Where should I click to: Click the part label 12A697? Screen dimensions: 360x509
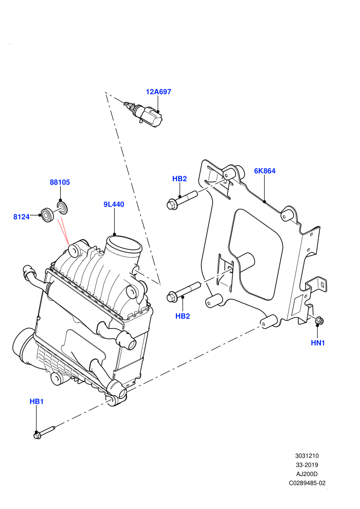(158, 92)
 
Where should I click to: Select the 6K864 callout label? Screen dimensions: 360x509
(264, 171)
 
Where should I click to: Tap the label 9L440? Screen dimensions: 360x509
(114, 204)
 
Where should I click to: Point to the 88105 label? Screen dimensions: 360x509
(60, 182)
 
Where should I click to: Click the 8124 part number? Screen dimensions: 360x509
(22, 217)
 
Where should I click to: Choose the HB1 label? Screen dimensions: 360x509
(37, 402)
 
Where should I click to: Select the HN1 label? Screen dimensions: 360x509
(318, 343)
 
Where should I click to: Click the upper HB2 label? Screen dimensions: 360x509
(179, 178)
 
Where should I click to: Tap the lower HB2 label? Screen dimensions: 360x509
(183, 316)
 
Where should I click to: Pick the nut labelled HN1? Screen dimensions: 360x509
(318, 321)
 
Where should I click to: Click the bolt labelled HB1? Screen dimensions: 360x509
(44, 432)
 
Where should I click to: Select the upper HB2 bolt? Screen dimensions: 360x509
(182, 199)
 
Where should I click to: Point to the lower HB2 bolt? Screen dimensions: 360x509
(183, 292)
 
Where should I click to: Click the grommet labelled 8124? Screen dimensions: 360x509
(48, 214)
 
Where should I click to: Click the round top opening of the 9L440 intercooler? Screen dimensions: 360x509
(125, 244)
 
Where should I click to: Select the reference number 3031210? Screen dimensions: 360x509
(307, 456)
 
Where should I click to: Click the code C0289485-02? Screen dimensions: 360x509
(307, 483)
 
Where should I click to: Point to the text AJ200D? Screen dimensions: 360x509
(307, 474)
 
